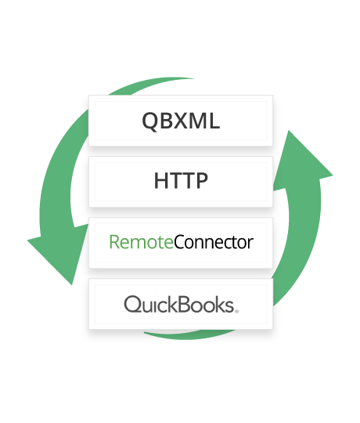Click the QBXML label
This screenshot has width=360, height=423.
point(181,121)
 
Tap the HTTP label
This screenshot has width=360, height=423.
point(181,180)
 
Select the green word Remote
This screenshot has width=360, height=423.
point(141,242)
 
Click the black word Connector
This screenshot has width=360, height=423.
point(214,242)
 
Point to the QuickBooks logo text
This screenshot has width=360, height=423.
point(181,304)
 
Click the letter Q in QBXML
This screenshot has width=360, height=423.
point(149,121)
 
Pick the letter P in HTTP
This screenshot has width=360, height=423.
point(202,180)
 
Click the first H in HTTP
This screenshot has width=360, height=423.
point(160,180)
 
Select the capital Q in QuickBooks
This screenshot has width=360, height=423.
point(132,304)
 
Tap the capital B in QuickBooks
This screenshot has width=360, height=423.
point(185,304)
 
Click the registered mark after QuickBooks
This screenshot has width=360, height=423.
point(237,311)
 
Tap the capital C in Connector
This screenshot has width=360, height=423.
point(179,242)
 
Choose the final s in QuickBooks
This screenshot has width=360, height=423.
point(229,306)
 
